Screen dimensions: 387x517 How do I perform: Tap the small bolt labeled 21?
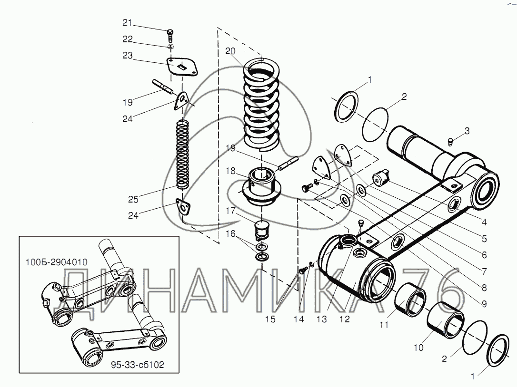tap(170, 34)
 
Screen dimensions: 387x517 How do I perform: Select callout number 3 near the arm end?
tap(467, 131)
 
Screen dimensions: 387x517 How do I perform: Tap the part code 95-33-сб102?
tap(138, 365)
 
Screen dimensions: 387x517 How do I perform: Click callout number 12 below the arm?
tap(344, 319)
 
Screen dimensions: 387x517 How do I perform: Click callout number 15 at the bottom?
tap(270, 319)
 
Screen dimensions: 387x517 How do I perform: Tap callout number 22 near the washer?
tap(127, 39)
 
